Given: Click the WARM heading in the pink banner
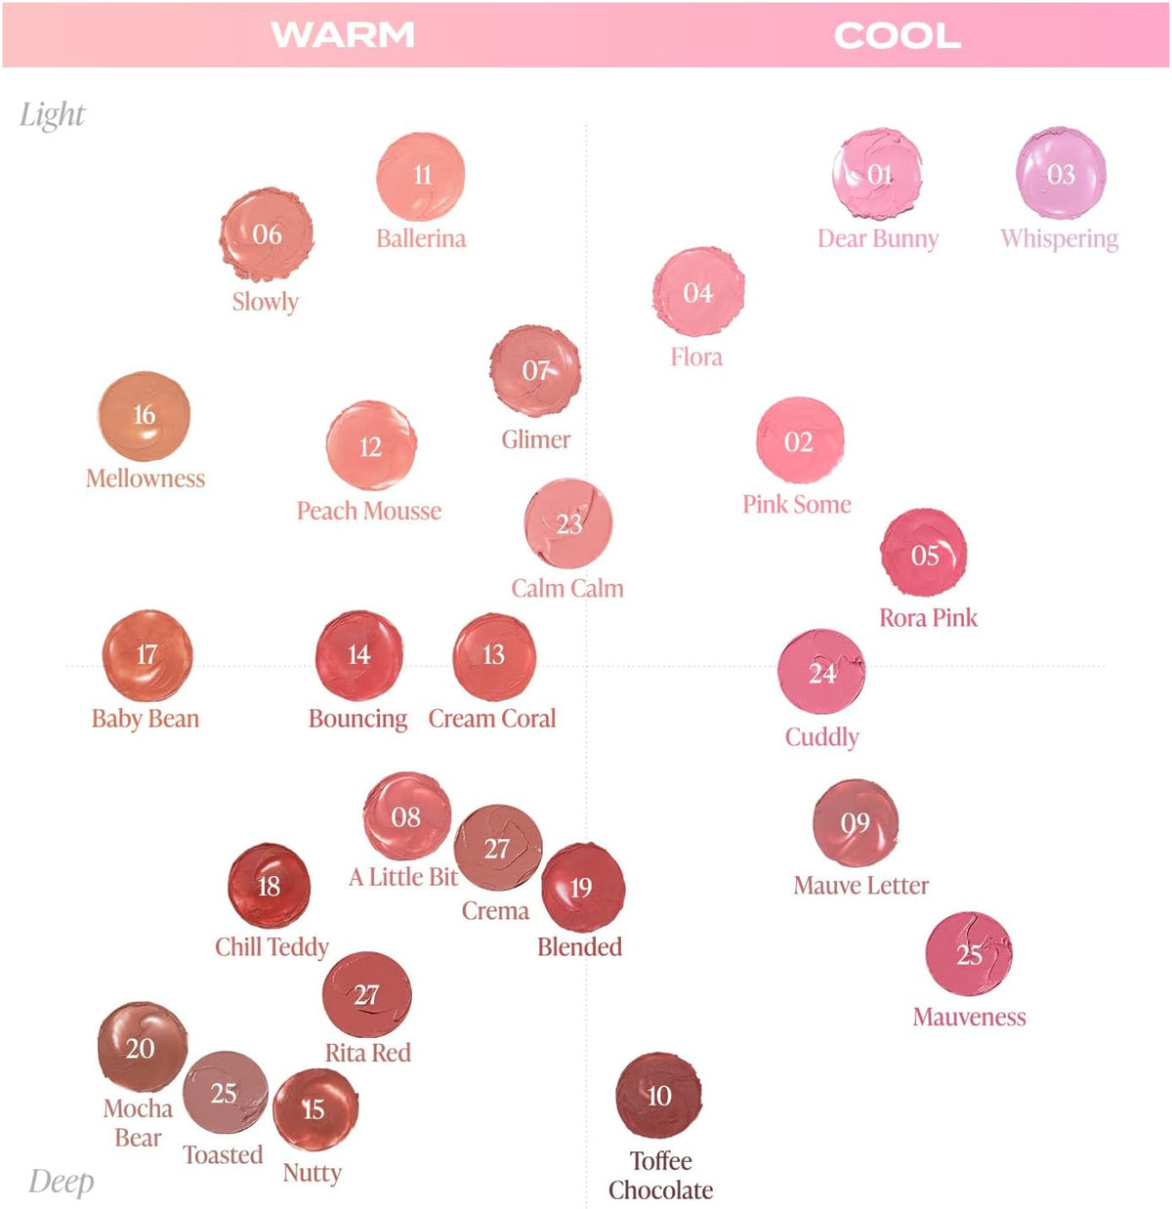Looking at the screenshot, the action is click(x=343, y=35).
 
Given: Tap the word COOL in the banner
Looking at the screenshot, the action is click(x=898, y=35).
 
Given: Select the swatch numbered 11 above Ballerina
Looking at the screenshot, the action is click(x=421, y=177).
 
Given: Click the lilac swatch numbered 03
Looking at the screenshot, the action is click(x=1061, y=173).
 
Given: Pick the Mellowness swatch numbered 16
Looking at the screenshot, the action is click(x=145, y=416).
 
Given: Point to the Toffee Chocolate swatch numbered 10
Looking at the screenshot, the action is click(x=658, y=1096).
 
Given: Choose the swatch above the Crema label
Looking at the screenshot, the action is click(x=498, y=848).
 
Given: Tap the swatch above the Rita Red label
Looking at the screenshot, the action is click(x=366, y=994).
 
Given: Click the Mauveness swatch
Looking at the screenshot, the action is click(x=968, y=954).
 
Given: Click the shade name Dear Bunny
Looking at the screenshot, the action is click(x=877, y=238).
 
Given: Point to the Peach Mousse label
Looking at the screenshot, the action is click(x=369, y=511).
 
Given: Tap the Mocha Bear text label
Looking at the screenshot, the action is click(x=138, y=1123).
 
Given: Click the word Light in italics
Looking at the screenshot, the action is click(x=52, y=115).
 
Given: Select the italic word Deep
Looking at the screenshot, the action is click(x=61, y=1183).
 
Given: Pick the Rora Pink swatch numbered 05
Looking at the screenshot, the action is click(x=923, y=553).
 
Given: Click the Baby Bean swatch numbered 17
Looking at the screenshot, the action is click(x=147, y=655).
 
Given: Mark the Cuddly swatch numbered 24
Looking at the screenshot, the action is click(x=821, y=672).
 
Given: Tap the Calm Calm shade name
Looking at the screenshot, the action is click(x=567, y=588).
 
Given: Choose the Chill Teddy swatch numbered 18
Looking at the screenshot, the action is click(x=269, y=886).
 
